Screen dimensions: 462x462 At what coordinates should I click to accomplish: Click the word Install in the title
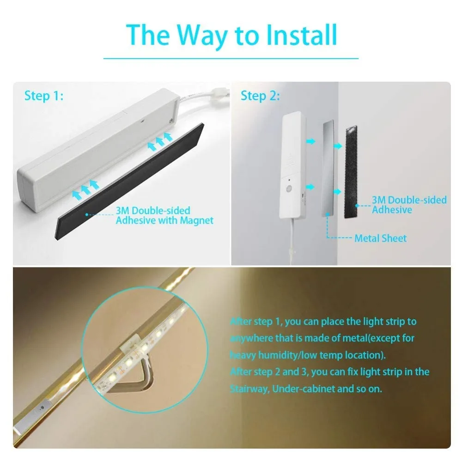[x=301, y=35]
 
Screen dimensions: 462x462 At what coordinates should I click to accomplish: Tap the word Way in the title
[x=202, y=37]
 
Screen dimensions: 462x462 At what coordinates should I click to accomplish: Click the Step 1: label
[x=43, y=96]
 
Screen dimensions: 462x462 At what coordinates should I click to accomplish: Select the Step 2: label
[x=260, y=96]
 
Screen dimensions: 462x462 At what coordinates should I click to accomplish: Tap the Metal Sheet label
[x=380, y=238]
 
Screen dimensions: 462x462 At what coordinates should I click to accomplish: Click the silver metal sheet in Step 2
[x=328, y=168]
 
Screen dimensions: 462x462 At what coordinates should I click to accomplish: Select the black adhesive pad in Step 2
[x=351, y=172]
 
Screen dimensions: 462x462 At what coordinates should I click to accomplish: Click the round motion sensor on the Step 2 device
[x=289, y=188]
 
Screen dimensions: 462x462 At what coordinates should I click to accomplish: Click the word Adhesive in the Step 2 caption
[x=392, y=210]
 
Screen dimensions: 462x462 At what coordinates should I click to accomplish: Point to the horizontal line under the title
[x=231, y=58]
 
